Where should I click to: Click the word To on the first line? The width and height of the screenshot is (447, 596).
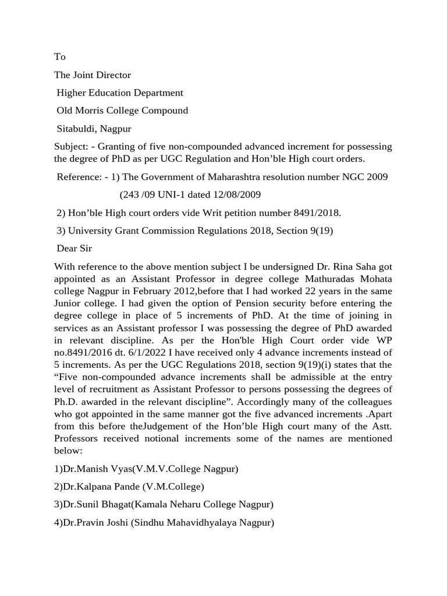pos(60,57)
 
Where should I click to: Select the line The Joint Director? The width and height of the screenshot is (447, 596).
pos(93,75)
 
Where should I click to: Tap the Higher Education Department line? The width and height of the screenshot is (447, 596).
pos(120,93)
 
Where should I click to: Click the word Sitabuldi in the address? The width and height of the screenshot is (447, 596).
pos(76,129)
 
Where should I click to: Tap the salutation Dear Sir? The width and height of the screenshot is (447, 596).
pos(74,249)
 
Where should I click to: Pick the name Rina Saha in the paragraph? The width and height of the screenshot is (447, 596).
pos(343,267)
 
